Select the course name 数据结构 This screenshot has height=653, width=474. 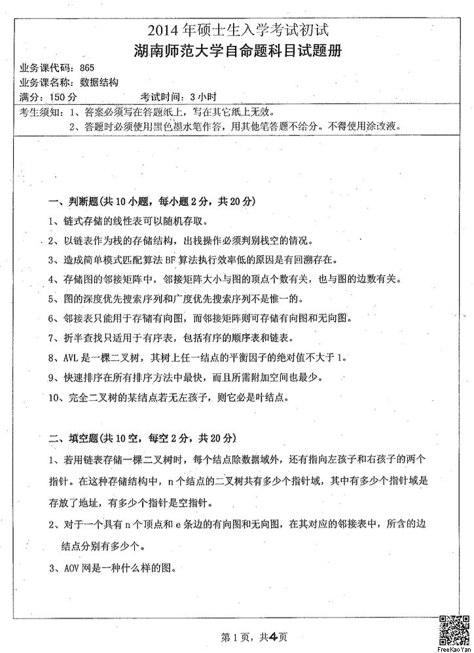(99, 83)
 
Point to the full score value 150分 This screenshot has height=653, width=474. (63, 97)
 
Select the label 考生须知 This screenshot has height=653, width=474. (38, 111)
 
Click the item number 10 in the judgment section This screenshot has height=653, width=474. (54, 397)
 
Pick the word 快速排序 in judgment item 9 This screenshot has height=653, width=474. (83, 377)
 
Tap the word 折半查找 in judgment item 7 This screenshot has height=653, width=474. (83, 338)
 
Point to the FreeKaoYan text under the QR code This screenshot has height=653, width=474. (454, 649)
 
